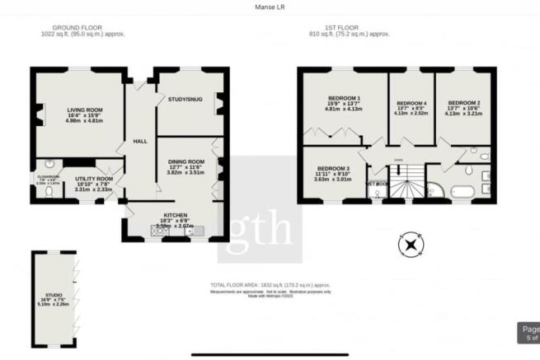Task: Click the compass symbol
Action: pyautogui.click(x=410, y=245)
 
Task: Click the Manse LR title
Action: pyautogui.click(x=270, y=8)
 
